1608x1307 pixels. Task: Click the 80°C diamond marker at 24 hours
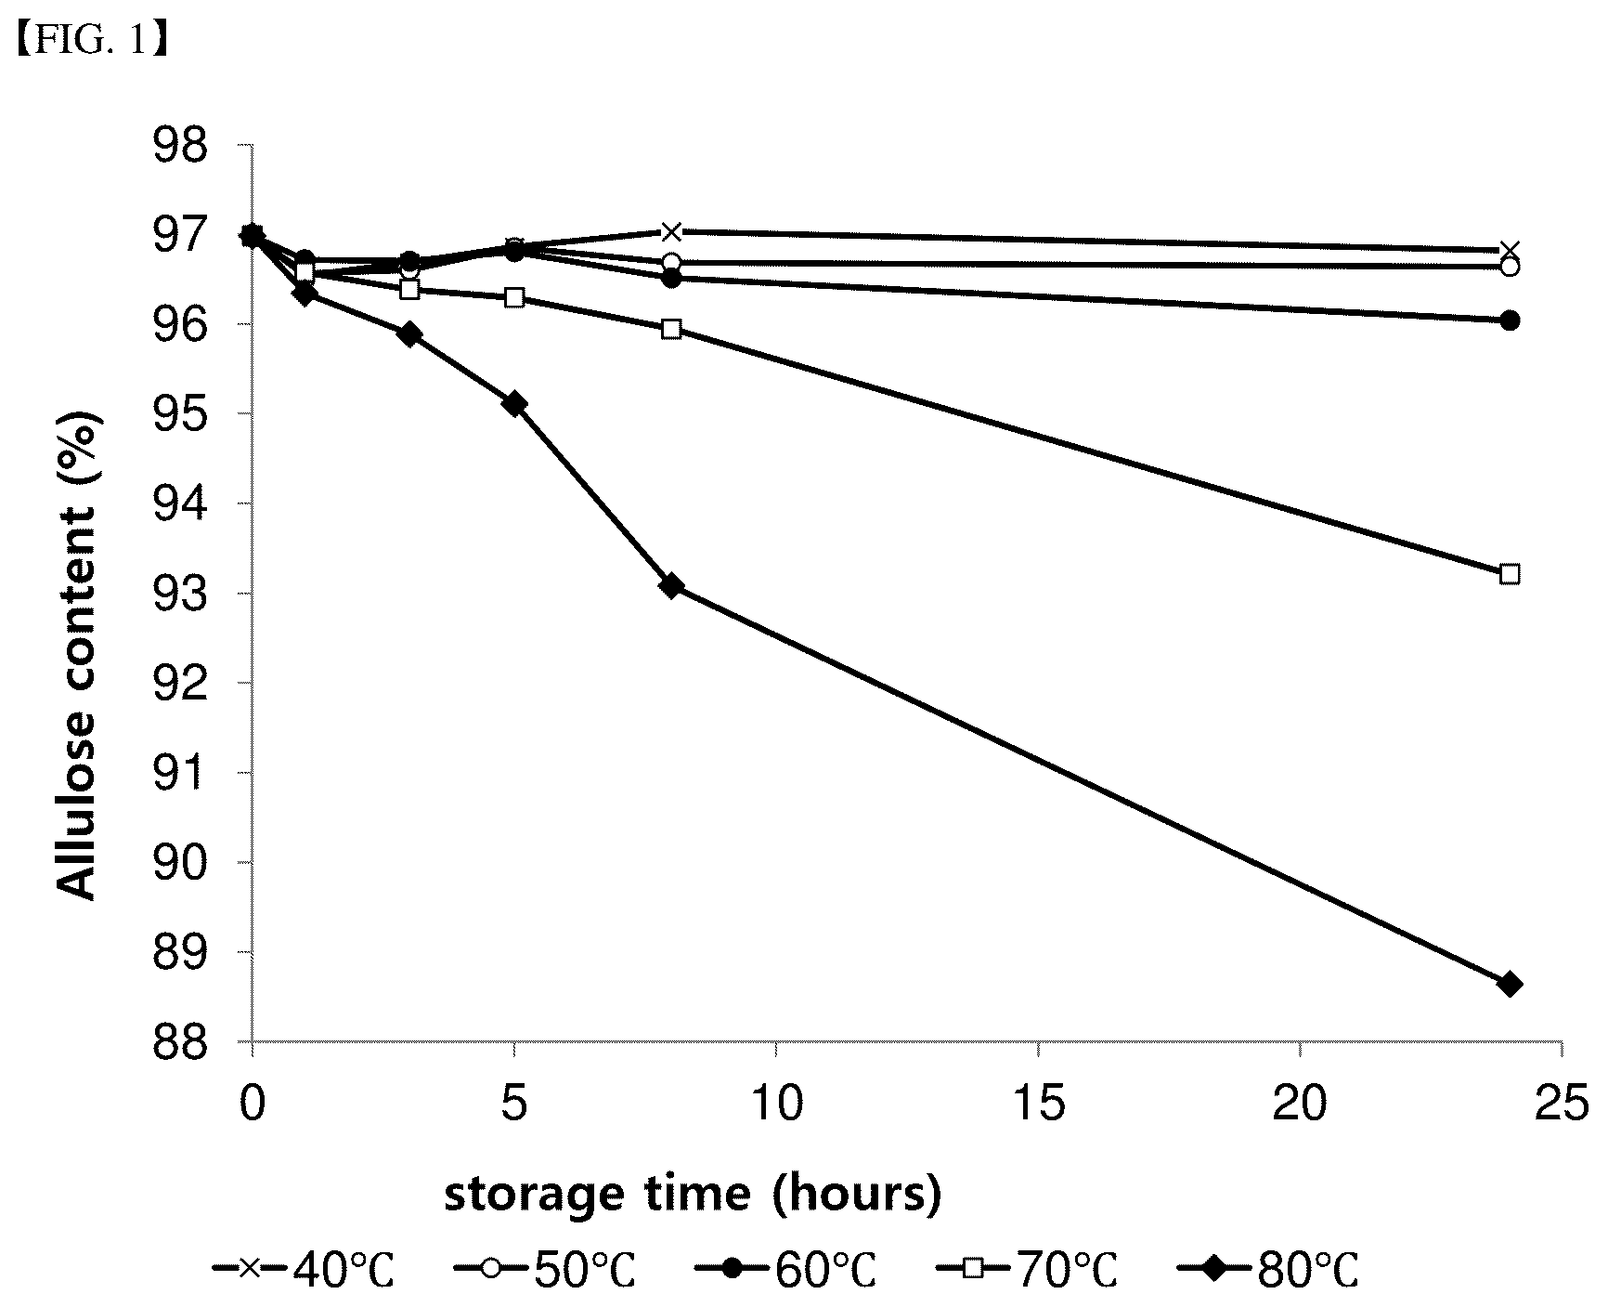pyautogui.click(x=1510, y=984)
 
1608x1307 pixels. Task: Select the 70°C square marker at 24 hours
pyautogui.click(x=1510, y=574)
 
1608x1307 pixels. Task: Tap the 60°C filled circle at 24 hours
pyautogui.click(x=1510, y=320)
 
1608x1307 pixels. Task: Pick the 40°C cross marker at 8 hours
pyautogui.click(x=671, y=231)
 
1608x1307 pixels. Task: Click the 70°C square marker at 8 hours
pyautogui.click(x=671, y=329)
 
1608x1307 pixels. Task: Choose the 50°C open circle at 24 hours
pyautogui.click(x=1510, y=267)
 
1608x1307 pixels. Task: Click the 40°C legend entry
pyautogui.click(x=304, y=1270)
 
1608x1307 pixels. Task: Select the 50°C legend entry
pyautogui.click(x=546, y=1270)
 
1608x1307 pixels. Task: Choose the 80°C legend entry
pyautogui.click(x=1269, y=1270)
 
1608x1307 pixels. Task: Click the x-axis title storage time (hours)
pyautogui.click(x=693, y=1195)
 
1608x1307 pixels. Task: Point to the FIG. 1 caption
pyautogui.click(x=90, y=43)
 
